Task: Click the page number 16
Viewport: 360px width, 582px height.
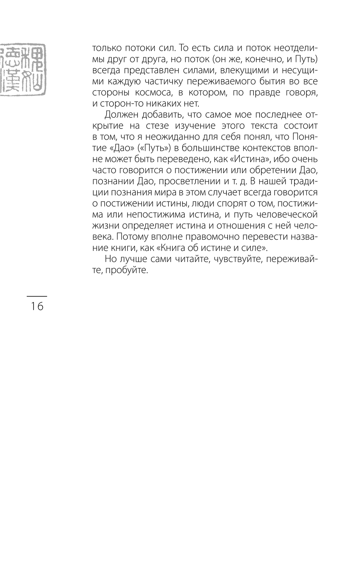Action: (x=37, y=306)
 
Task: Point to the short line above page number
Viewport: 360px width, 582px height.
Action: (x=37, y=296)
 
